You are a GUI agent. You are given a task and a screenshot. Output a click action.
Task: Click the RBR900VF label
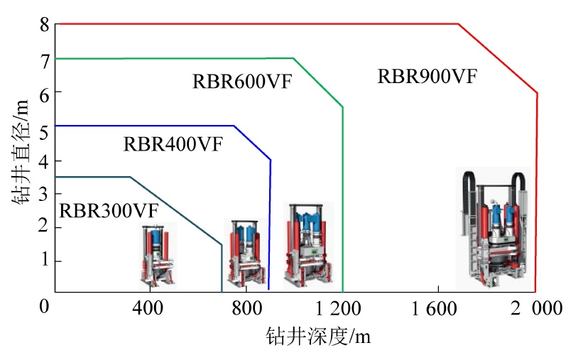427,77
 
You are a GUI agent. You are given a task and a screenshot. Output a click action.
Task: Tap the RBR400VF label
173,144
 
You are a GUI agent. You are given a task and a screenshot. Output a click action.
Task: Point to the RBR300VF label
108,210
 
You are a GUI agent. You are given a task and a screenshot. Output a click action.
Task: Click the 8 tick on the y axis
45,25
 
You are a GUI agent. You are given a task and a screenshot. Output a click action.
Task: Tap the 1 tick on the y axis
45,260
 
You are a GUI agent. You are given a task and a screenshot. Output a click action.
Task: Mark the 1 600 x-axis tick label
437,308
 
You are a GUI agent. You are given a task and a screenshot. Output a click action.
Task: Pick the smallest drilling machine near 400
158,254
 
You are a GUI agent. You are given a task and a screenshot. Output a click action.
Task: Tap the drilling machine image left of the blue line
246,251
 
